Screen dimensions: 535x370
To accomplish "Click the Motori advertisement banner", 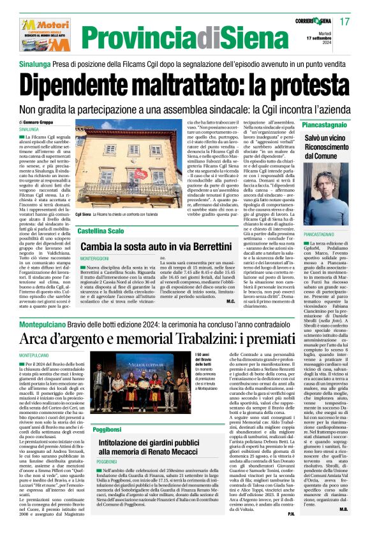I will coord(38,27).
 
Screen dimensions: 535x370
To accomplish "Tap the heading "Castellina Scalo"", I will coord(101,231).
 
